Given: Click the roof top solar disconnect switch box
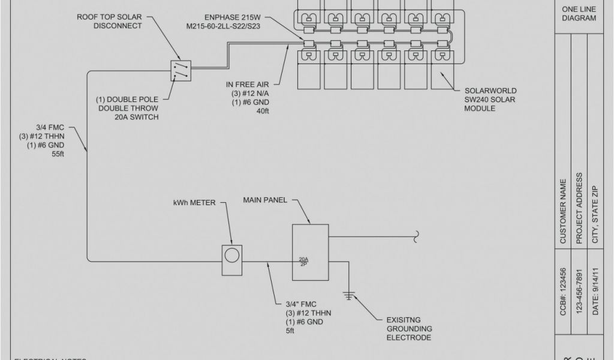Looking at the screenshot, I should pyautogui.click(x=181, y=70).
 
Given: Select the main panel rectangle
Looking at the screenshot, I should pyautogui.click(x=310, y=252).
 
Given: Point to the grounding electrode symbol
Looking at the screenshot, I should pyautogui.click(x=348, y=295).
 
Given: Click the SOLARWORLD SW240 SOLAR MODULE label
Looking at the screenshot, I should pyautogui.click(x=489, y=99).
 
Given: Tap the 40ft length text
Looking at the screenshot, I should pyautogui.click(x=263, y=111).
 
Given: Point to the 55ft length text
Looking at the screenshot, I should pyautogui.click(x=58, y=154).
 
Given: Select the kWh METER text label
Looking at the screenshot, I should pyautogui.click(x=194, y=202).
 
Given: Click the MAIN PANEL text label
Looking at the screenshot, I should pyautogui.click(x=265, y=199).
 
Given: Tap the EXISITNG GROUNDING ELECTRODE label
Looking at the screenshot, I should pyautogui.click(x=409, y=329).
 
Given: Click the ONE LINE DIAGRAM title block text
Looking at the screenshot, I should pyautogui.click(x=579, y=14).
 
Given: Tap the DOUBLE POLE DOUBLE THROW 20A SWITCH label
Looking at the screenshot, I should pyautogui.click(x=128, y=108).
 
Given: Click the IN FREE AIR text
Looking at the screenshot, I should pyautogui.click(x=246, y=84).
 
